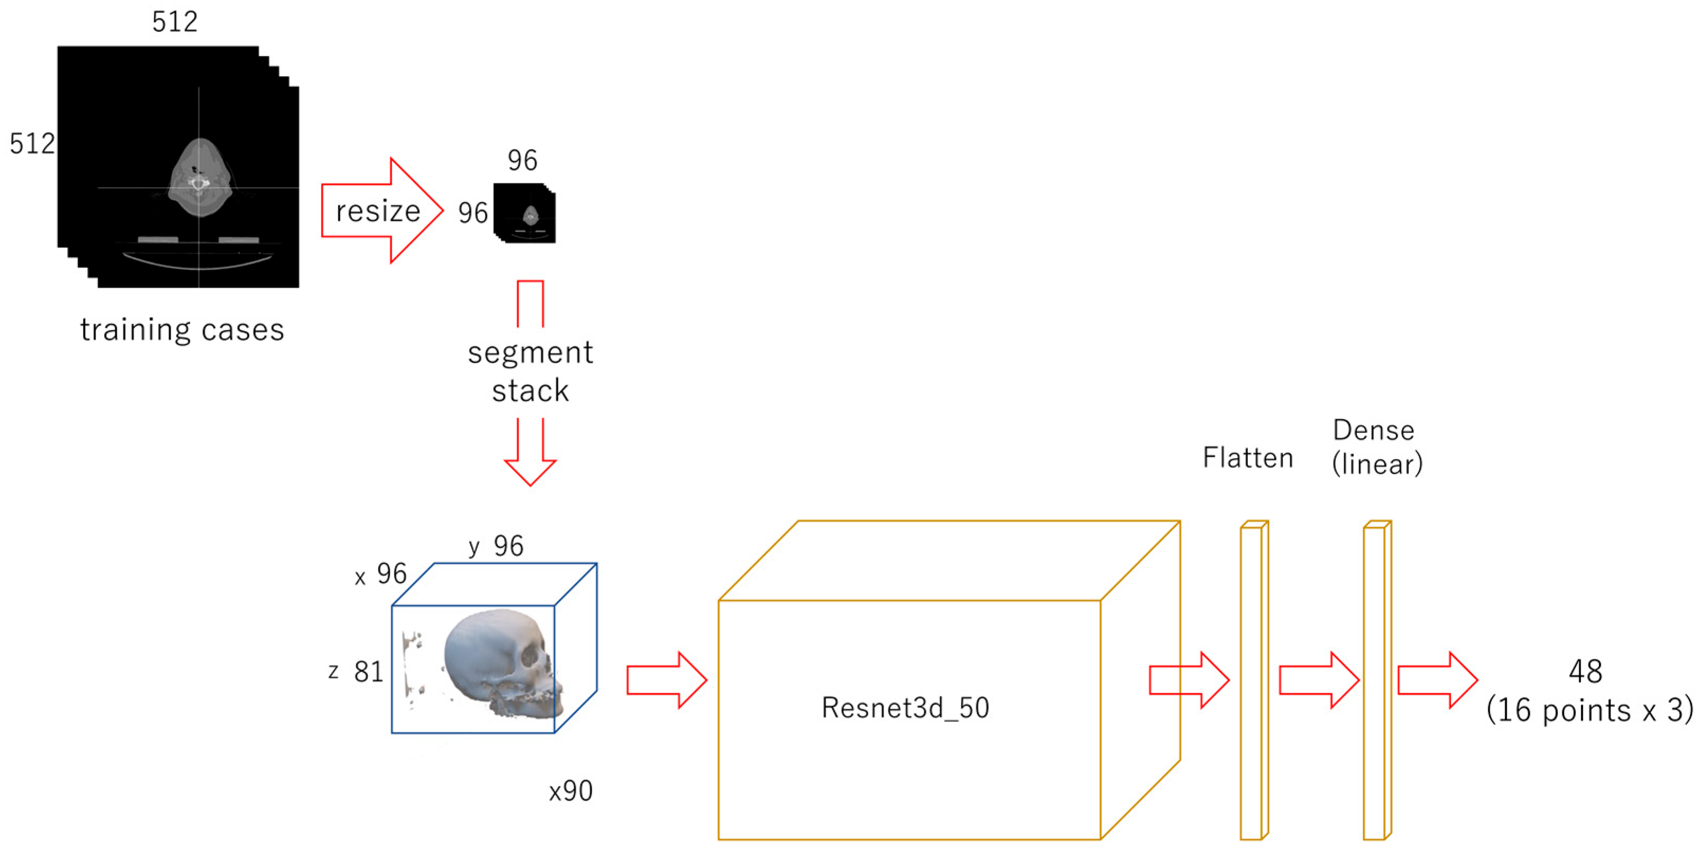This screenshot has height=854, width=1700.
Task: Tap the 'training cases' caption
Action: [x=182, y=329]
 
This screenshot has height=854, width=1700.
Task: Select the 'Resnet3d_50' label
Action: [x=905, y=708]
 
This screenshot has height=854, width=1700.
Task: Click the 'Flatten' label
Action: [x=1247, y=457]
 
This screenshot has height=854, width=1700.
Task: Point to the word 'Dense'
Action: [x=1373, y=430]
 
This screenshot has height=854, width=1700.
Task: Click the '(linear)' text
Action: [x=1377, y=464]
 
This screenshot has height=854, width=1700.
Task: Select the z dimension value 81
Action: [x=368, y=672]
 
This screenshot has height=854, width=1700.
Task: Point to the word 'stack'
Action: [x=530, y=391]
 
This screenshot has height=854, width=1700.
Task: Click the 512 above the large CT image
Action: [x=175, y=22]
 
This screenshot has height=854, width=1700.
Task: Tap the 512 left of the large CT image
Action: [x=32, y=143]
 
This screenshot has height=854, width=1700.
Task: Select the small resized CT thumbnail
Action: [x=525, y=213]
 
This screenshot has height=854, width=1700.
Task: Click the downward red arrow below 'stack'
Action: [x=530, y=455]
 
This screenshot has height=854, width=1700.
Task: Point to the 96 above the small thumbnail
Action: [x=522, y=160]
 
